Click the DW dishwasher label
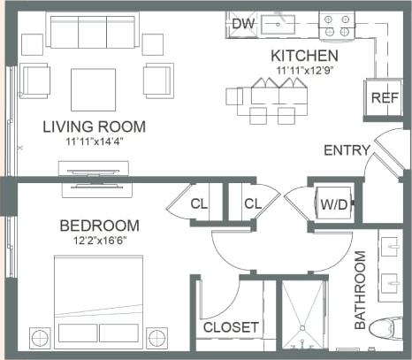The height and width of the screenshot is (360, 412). click(243, 23)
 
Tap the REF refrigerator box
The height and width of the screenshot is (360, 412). click(382, 97)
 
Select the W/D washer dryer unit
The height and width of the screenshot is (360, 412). click(334, 204)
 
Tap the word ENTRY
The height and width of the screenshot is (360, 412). click(347, 150)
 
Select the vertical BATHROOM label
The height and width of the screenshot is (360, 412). click(361, 290)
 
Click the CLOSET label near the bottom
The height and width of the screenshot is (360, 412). click(231, 327)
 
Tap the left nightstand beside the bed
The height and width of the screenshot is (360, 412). click(41, 337)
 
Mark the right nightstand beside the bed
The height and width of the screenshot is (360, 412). click(157, 337)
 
